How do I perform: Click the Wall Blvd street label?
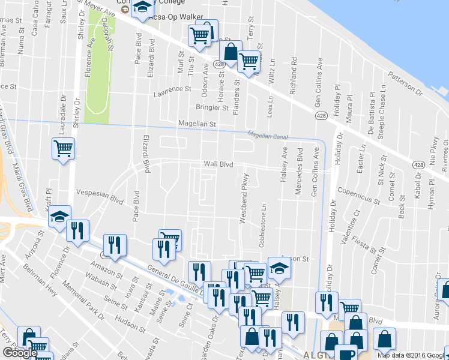click(218, 163)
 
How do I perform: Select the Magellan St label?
click(196, 124)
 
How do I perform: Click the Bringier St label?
click(212, 108)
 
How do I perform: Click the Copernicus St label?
click(359, 193)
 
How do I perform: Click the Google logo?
click(20, 353)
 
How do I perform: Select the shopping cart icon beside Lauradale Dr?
click(63, 148)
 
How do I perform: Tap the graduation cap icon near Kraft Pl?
click(59, 217)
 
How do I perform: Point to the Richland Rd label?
click(294, 71)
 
